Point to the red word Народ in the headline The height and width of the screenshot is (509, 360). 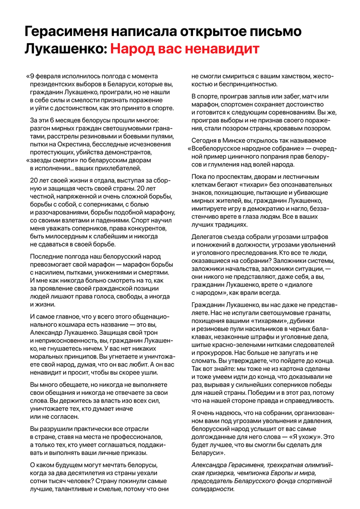point(139,49)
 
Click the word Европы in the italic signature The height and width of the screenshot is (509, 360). point(282,473)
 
